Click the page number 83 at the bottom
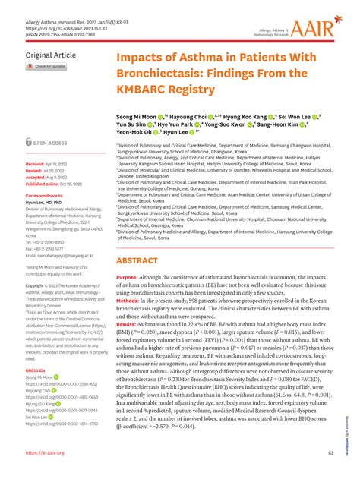pyautogui.click(x=331, y=452)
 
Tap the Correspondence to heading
pyautogui.click(x=45, y=196)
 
